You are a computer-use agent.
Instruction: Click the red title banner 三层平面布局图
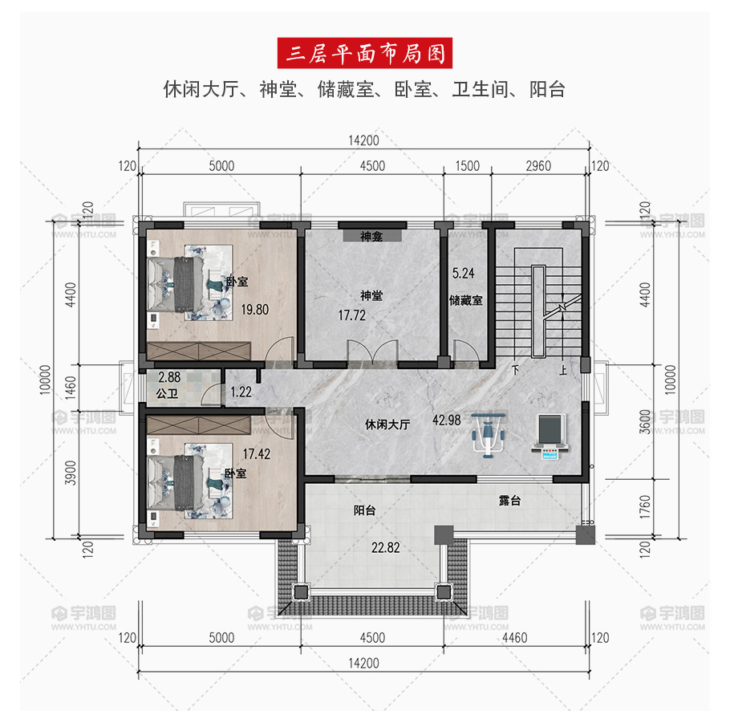pyautogui.click(x=364, y=53)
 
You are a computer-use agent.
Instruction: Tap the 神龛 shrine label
pyautogui.click(x=371, y=237)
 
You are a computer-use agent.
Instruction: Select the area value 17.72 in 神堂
pyautogui.click(x=352, y=315)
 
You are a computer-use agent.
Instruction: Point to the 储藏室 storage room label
pyautogui.click(x=465, y=301)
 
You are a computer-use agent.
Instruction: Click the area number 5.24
pyautogui.click(x=463, y=274)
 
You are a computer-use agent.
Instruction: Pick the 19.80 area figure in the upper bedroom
pyautogui.click(x=254, y=310)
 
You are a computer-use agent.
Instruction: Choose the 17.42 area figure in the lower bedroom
pyautogui.click(x=257, y=454)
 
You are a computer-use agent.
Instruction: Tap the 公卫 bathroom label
pyautogui.click(x=167, y=393)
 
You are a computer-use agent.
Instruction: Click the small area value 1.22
pyautogui.click(x=241, y=392)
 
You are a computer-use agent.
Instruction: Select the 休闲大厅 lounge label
pyautogui.click(x=387, y=425)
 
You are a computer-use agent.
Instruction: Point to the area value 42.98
pyautogui.click(x=447, y=420)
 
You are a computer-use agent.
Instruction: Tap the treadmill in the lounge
pyautogui.click(x=551, y=437)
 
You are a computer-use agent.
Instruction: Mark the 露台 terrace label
pyautogui.click(x=509, y=501)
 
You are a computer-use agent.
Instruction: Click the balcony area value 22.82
pyautogui.click(x=386, y=547)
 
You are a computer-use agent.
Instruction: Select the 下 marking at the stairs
pyautogui.click(x=515, y=371)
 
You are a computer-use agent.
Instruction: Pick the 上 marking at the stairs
pyautogui.click(x=563, y=371)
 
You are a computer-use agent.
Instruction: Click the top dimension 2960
pyautogui.click(x=538, y=166)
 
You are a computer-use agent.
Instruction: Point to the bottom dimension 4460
pyautogui.click(x=514, y=637)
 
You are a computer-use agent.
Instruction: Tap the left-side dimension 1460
pyautogui.click(x=71, y=388)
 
